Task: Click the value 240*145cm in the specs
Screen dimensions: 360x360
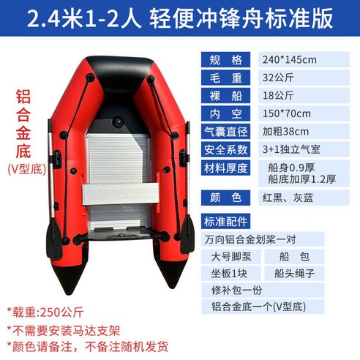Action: pos(290,59)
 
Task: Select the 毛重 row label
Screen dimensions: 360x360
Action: pos(225,77)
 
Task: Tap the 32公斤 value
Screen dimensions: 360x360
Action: pos(277,77)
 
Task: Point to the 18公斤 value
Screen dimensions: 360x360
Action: pos(277,95)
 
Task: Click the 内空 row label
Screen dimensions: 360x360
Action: pos(225,113)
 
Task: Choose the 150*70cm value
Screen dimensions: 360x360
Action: pos(286,113)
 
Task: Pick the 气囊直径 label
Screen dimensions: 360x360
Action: pos(225,132)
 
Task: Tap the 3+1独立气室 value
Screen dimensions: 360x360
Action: pos(291,149)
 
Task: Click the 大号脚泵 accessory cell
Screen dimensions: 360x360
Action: pos(230,256)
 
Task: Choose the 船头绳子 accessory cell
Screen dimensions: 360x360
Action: pos(299,274)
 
